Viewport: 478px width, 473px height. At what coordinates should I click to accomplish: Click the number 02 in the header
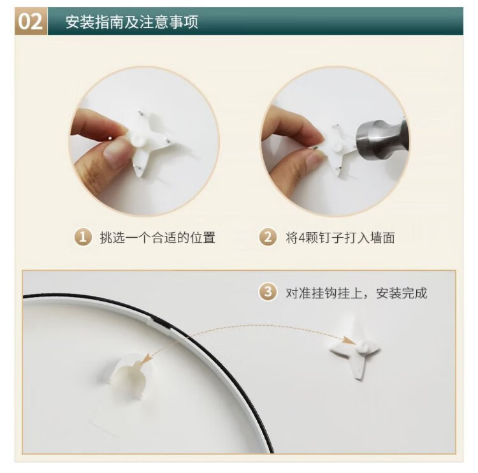coord(30,22)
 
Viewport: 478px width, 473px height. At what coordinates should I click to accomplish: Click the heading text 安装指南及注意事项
coord(132,22)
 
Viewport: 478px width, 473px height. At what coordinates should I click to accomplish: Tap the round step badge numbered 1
coord(83,238)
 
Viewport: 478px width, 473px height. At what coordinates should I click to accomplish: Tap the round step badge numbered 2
coord(268,238)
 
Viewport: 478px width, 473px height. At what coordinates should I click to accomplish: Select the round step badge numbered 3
coord(268,293)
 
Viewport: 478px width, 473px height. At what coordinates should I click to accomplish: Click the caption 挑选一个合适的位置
coord(157,238)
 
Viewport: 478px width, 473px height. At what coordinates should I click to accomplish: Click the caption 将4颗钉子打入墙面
coord(340,238)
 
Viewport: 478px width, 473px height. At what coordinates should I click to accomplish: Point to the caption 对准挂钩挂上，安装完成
coord(356,293)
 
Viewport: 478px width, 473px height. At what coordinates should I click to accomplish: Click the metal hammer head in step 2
coord(381,139)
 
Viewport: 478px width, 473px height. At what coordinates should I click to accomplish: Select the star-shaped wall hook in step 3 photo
coord(357,351)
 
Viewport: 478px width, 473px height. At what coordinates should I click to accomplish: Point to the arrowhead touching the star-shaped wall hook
coord(349,340)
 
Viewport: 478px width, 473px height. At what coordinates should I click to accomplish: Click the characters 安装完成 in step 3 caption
coord(402,293)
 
